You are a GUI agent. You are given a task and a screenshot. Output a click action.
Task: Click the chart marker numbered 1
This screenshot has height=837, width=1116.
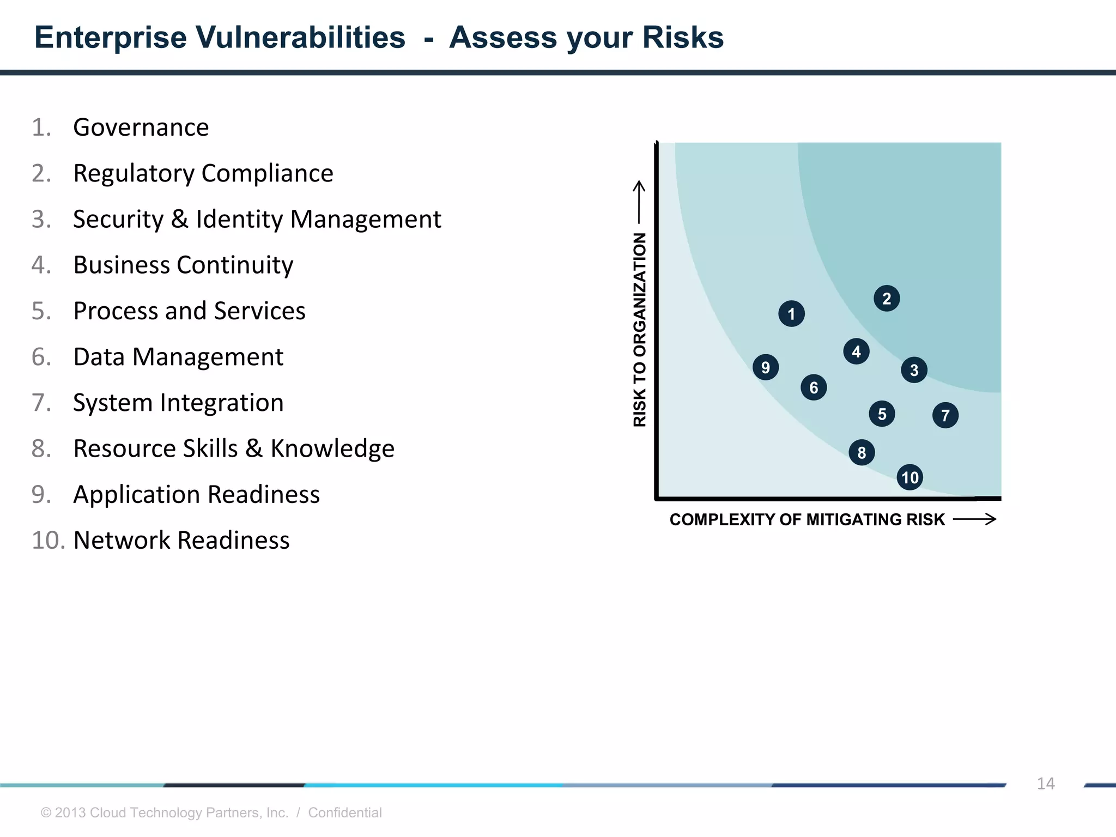[x=791, y=314]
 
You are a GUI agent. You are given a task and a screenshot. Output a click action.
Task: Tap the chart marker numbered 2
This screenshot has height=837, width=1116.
[x=887, y=299]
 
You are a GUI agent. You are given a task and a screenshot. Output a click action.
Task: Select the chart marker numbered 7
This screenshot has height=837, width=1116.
[x=945, y=415]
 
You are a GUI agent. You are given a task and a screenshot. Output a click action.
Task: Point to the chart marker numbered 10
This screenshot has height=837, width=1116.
[x=909, y=477]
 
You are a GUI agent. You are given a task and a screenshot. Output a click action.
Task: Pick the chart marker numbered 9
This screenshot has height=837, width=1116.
[x=766, y=367]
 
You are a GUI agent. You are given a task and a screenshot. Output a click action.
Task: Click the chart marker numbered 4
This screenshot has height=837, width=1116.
[x=856, y=351]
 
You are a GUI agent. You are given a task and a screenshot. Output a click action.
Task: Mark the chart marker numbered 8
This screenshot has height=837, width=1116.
[x=862, y=452]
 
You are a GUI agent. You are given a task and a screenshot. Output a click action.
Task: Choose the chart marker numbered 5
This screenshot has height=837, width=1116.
[x=882, y=414]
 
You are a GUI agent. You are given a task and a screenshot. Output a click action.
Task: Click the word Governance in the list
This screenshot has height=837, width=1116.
[x=141, y=128]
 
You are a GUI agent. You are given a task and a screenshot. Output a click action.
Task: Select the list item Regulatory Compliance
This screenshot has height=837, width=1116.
[x=203, y=173]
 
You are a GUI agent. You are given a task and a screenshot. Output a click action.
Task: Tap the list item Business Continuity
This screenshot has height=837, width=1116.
[x=183, y=265]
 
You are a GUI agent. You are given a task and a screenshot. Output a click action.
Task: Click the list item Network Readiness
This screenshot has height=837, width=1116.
[x=181, y=541]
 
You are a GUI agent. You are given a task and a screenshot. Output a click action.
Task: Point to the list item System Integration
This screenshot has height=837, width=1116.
[x=178, y=403]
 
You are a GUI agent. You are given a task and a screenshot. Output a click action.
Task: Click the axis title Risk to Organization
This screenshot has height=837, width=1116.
[x=640, y=330]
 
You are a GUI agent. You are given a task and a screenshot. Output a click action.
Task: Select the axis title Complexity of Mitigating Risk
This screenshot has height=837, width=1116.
[x=806, y=519]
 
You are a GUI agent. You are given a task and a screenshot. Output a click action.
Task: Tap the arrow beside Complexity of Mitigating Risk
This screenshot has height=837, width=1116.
[x=975, y=519]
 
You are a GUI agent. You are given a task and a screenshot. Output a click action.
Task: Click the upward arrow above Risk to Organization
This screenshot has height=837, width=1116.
[x=639, y=202]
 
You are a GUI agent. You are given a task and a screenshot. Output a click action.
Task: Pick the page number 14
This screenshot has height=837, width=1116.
[x=1045, y=784]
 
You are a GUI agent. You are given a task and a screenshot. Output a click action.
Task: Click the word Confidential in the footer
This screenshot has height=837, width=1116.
[x=344, y=812]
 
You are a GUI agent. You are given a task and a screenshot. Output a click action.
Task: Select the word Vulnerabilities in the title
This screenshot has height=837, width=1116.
[x=300, y=38]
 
